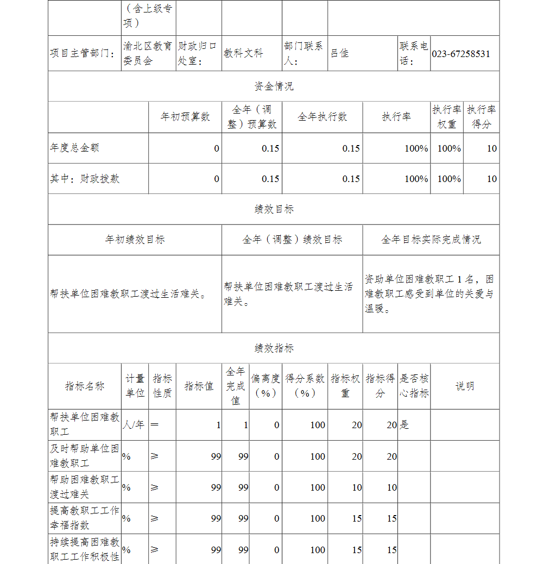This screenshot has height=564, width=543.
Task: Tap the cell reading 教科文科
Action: [x=243, y=53]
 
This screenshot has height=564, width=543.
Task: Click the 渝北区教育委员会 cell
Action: [x=147, y=53]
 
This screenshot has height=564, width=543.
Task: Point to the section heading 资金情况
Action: [x=274, y=86]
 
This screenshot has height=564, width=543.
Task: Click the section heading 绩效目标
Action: [x=274, y=209]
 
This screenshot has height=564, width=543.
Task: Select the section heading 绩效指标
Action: [x=274, y=348]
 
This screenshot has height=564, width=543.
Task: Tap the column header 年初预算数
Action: [x=185, y=117]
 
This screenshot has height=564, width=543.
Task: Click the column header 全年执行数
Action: [x=322, y=117]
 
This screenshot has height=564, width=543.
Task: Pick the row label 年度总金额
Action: [x=75, y=148]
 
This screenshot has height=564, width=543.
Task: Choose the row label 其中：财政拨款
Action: [x=85, y=179]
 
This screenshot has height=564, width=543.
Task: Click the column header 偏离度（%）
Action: [x=266, y=386]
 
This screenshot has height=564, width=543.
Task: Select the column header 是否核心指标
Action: [x=414, y=386]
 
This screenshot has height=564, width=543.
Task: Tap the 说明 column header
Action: [x=464, y=386]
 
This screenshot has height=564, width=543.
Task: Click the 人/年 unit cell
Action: [x=134, y=425]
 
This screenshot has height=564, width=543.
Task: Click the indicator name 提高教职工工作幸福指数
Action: [x=84, y=518]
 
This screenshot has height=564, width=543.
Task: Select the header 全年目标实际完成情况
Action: [x=431, y=240]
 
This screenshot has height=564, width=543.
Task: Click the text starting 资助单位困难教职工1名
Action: [x=429, y=294]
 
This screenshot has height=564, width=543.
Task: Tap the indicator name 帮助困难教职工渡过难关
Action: [x=84, y=487]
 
